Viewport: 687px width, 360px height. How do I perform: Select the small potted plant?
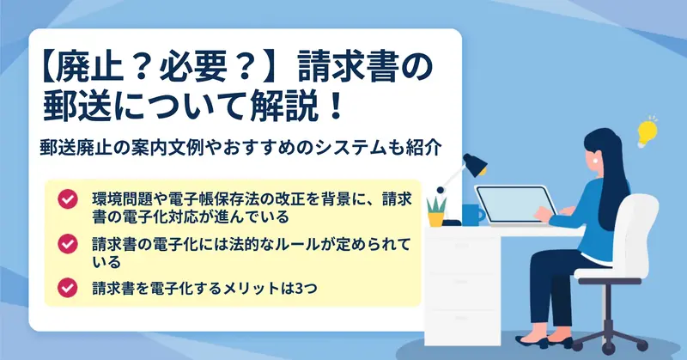point(436,212)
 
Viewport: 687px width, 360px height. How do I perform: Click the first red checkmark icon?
point(68,199)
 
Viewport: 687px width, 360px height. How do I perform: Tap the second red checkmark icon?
point(68,244)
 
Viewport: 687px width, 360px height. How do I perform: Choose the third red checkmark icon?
point(68,288)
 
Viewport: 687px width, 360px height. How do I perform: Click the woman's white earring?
point(595,161)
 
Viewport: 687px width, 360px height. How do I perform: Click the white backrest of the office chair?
point(639,231)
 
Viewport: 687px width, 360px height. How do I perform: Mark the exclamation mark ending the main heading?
point(337,107)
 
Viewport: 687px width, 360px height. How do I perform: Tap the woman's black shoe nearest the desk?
point(532,341)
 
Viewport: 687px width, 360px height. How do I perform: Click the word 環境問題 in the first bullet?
point(121,199)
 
